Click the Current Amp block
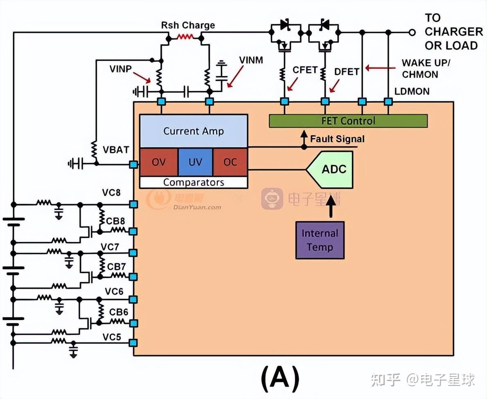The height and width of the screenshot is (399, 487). pyautogui.click(x=193, y=131)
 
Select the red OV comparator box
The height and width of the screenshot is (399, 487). pyautogui.click(x=159, y=162)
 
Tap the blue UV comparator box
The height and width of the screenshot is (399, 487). pyautogui.click(x=195, y=162)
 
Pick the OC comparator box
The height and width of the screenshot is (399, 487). pyautogui.click(x=230, y=162)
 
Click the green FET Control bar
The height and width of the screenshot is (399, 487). pyautogui.click(x=348, y=121)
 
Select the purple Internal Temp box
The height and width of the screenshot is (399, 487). pyautogui.click(x=320, y=240)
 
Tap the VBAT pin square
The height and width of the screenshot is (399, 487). pyautogui.click(x=133, y=164)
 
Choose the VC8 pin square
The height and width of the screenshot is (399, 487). pyautogui.click(x=133, y=204)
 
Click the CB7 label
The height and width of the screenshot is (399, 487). pyautogui.click(x=117, y=266)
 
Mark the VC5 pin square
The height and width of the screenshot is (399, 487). pyautogui.click(x=133, y=343)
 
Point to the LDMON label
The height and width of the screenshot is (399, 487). pyautogui.click(x=412, y=91)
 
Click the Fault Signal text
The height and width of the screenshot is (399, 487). pyautogui.click(x=337, y=139)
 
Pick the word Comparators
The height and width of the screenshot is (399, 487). pyautogui.click(x=194, y=182)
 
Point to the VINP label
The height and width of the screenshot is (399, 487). pyautogui.click(x=120, y=69)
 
